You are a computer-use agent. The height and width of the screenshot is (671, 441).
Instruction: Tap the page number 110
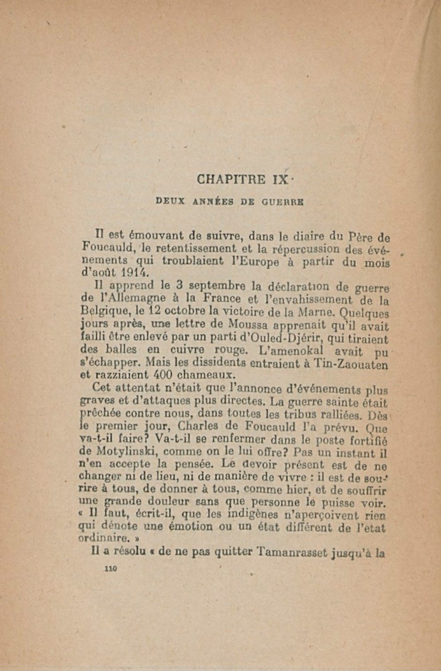click(x=109, y=570)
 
